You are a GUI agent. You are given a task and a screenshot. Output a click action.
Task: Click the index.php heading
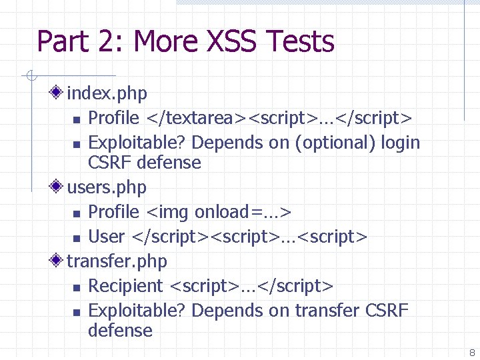click(107, 93)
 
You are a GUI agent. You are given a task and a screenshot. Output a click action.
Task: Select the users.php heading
click(107, 187)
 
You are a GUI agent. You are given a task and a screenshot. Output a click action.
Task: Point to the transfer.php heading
click(117, 261)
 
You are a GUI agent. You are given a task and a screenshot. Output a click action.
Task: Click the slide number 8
click(471, 353)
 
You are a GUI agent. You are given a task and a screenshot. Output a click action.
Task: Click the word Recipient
click(125, 286)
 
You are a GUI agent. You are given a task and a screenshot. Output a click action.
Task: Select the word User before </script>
click(107, 237)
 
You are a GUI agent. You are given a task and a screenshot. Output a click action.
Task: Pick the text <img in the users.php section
click(168, 212)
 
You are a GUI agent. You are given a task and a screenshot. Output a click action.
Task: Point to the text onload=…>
click(243, 212)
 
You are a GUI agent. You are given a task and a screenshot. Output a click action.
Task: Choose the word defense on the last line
click(120, 331)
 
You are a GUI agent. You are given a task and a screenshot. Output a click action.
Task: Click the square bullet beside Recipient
click(76, 287)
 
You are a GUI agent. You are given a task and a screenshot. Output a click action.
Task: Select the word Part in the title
click(63, 41)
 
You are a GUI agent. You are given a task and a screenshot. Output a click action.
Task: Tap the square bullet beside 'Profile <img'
click(76, 213)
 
